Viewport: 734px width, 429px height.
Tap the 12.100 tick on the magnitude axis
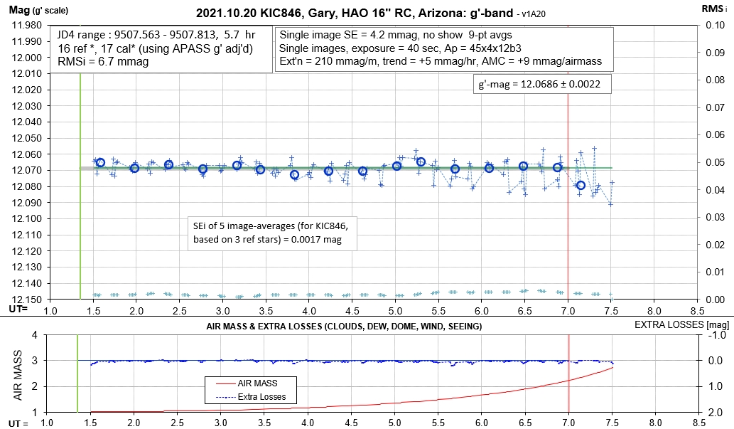[x=27, y=219]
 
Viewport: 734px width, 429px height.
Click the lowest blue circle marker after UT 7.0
[x=581, y=185]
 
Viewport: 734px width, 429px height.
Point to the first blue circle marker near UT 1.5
[x=100, y=162]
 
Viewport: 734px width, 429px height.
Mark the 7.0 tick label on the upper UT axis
[x=568, y=311]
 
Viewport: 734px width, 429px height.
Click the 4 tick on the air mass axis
[x=31, y=335]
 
